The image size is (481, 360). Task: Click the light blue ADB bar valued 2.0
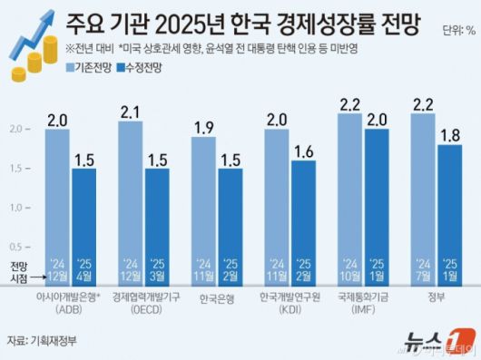click(57, 199)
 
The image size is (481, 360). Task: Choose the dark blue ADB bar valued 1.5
click(83, 218)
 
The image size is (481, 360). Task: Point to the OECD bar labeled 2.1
click(130, 195)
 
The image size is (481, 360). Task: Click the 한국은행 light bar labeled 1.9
click(203, 204)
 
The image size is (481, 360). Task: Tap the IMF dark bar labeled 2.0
click(376, 199)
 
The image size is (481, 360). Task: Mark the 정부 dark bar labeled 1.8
click(449, 209)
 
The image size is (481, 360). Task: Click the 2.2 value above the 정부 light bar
click(422, 105)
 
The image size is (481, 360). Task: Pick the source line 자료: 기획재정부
click(43, 341)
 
